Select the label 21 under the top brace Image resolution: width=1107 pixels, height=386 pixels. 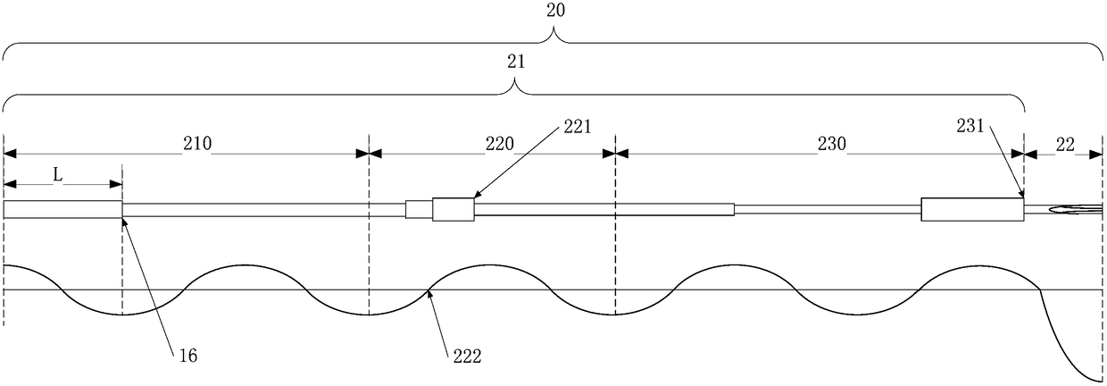[515, 63]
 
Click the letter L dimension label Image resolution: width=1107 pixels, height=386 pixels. [57, 176]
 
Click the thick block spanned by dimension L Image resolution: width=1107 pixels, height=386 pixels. [62, 210]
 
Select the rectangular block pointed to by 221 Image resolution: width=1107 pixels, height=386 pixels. [453, 210]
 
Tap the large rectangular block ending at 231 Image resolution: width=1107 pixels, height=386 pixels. [972, 210]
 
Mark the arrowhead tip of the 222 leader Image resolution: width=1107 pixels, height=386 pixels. [429, 290]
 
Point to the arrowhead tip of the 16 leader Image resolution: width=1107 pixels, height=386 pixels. [123, 219]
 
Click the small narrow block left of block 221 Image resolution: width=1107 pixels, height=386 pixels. [419, 210]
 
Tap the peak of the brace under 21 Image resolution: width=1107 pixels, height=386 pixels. [515, 84]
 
